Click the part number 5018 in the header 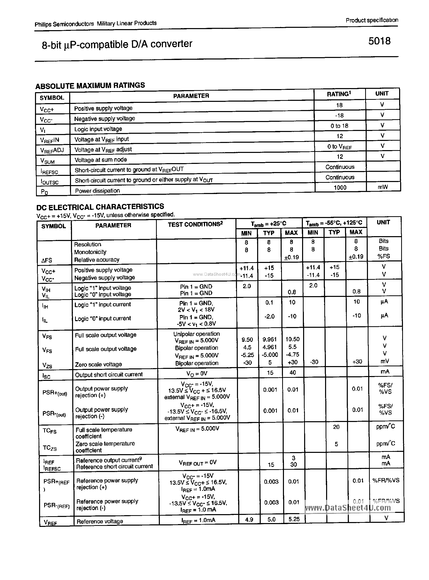pos(379,41)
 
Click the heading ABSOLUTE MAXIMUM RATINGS pos(90,86)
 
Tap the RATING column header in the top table pos(339,94)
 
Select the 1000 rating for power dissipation pos(340,187)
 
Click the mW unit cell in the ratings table pos(383,187)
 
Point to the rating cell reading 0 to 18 pos(339,126)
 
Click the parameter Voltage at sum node pos(101,160)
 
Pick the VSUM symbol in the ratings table pos(47,161)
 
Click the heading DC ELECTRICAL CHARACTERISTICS pos(100,207)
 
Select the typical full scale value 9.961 pos(270,339)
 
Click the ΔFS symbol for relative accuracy pos(47,260)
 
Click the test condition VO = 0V pos(197,373)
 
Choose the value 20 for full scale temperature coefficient pos(336,427)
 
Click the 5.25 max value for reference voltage pos(294,519)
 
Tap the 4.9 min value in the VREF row pos(249,519)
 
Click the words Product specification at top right pos(372,20)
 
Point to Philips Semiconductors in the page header pos(64,24)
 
